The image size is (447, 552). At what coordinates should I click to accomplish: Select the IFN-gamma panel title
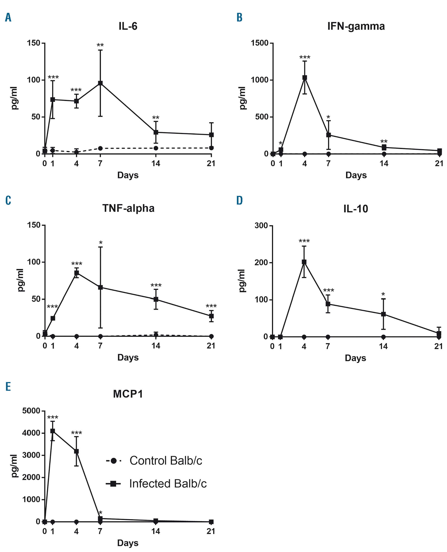[x=356, y=26]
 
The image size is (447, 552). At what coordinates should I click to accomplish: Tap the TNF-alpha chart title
[x=128, y=208]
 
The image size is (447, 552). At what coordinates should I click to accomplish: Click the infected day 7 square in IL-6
[x=100, y=83]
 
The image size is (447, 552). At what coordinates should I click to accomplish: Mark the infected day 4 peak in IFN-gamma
[x=305, y=78]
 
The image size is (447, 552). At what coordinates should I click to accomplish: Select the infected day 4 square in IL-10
[x=304, y=262]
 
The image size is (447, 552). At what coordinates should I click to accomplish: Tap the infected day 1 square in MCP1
[x=53, y=431]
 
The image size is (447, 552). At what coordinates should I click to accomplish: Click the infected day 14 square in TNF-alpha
[x=156, y=299]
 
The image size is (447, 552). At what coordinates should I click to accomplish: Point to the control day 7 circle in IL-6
[x=100, y=148]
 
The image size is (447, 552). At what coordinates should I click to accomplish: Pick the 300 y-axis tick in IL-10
[x=261, y=225]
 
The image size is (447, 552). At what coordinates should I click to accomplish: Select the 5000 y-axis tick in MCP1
[x=31, y=411]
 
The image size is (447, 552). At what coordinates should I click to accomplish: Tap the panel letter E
[x=8, y=386]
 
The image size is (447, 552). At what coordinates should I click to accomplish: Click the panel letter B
[x=239, y=17]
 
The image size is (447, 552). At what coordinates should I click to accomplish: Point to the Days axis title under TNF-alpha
[x=128, y=357]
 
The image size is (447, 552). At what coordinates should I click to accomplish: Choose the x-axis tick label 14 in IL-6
[x=156, y=163]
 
